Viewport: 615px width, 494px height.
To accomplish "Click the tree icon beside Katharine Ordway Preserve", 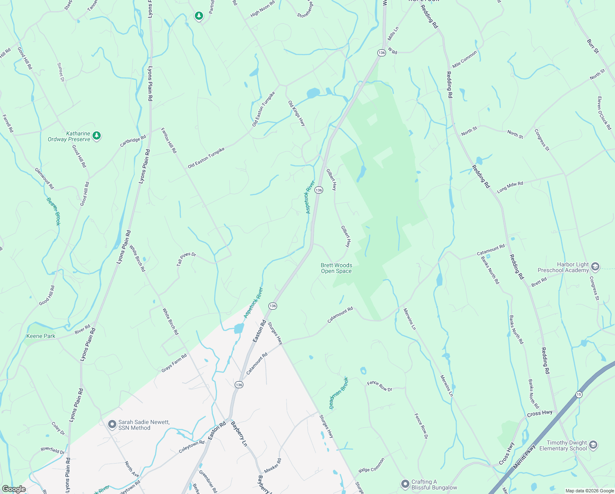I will click(97, 135).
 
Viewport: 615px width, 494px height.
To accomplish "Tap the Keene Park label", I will click(41, 336).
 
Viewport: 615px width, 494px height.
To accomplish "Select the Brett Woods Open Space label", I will click(336, 268).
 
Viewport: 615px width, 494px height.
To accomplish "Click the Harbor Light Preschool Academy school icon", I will click(595, 267).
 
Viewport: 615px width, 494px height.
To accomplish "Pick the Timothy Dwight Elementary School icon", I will click(593, 445).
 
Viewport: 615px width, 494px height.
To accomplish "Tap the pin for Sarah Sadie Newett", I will click(112, 424).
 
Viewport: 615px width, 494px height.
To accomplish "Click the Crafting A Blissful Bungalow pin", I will click(405, 484).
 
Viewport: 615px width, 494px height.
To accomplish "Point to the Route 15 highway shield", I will click(579, 394).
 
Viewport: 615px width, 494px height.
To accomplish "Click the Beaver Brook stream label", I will click(54, 212).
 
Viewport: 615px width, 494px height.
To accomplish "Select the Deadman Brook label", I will click(338, 393).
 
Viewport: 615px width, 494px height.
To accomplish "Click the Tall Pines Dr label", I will click(186, 259).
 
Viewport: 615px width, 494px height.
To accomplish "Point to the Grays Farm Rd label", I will click(174, 363).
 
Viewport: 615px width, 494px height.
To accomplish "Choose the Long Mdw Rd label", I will click(510, 187).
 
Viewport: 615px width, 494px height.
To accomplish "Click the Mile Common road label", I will click(465, 60).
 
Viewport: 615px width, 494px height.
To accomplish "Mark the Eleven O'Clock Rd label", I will click(604, 113).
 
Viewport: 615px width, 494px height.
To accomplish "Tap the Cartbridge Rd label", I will click(133, 141).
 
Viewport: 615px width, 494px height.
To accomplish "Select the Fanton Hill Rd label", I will click(169, 140).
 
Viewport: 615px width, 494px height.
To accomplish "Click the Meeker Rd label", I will click(273, 466).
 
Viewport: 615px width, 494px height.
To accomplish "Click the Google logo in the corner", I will click(14, 489).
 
